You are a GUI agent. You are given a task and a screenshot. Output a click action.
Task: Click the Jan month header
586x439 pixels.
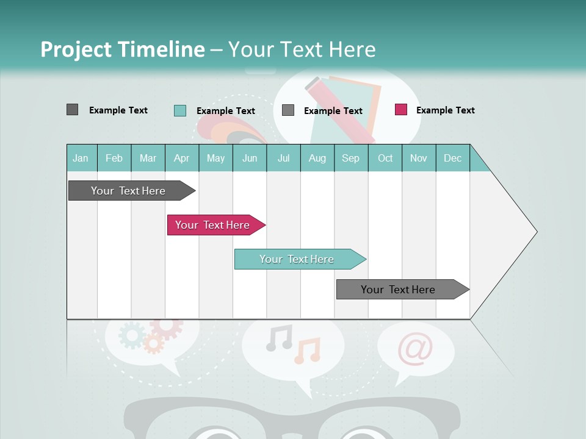(x=81, y=159)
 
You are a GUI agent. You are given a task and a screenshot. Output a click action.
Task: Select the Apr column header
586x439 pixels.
(x=182, y=159)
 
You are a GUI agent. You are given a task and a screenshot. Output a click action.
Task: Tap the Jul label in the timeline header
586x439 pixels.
(x=283, y=159)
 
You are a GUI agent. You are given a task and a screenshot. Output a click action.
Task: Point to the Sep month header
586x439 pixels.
(x=350, y=159)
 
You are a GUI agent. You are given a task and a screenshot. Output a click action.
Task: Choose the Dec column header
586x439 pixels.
(x=452, y=159)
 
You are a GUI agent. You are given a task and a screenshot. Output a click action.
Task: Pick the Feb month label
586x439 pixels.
(x=114, y=159)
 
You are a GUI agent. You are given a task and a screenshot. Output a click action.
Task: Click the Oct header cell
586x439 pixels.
(x=385, y=159)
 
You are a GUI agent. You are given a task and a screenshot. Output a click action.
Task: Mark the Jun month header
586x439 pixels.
(x=250, y=159)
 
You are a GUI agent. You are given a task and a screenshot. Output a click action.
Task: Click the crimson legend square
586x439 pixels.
(x=401, y=110)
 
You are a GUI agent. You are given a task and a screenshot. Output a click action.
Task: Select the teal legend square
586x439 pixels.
(x=180, y=110)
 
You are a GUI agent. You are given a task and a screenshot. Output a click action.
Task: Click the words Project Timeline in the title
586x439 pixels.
(x=123, y=49)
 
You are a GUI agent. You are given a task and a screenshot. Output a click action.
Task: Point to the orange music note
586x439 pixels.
(x=307, y=351)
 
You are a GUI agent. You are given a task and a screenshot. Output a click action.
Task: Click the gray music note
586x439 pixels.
(x=279, y=338)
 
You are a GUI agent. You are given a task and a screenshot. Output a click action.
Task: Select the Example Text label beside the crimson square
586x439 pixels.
(x=445, y=110)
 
